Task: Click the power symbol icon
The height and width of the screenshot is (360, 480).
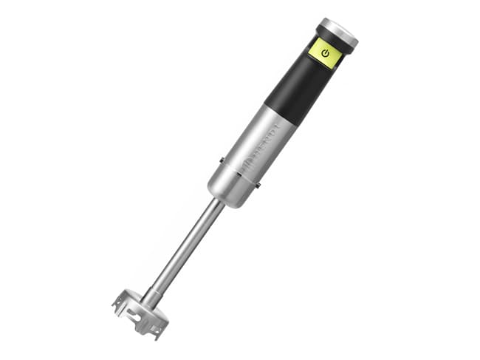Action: (x=325, y=52)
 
